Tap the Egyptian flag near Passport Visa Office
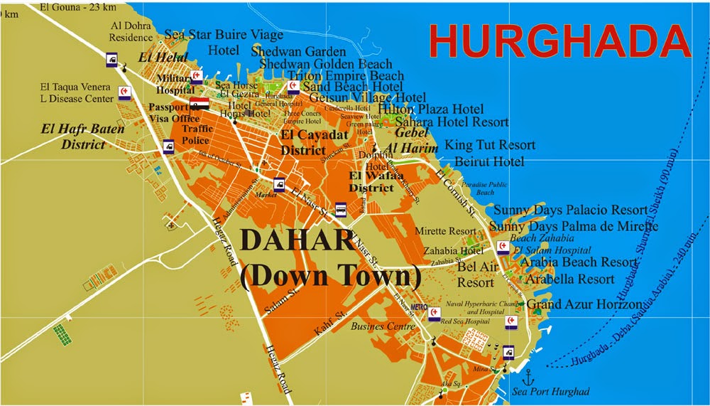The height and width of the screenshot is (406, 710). click(200, 104)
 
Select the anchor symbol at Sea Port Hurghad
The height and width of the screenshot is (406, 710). click(527, 375)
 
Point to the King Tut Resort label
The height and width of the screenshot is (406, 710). click(490, 145)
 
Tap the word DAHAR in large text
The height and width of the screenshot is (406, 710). click(297, 240)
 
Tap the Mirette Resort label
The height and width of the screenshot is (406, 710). click(450, 231)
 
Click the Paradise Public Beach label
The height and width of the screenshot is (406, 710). click(485, 188)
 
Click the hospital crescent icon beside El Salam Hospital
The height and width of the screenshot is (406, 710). click(503, 246)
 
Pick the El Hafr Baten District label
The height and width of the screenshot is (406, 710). click(72, 137)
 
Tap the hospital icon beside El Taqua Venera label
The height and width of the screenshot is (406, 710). click(124, 93)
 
